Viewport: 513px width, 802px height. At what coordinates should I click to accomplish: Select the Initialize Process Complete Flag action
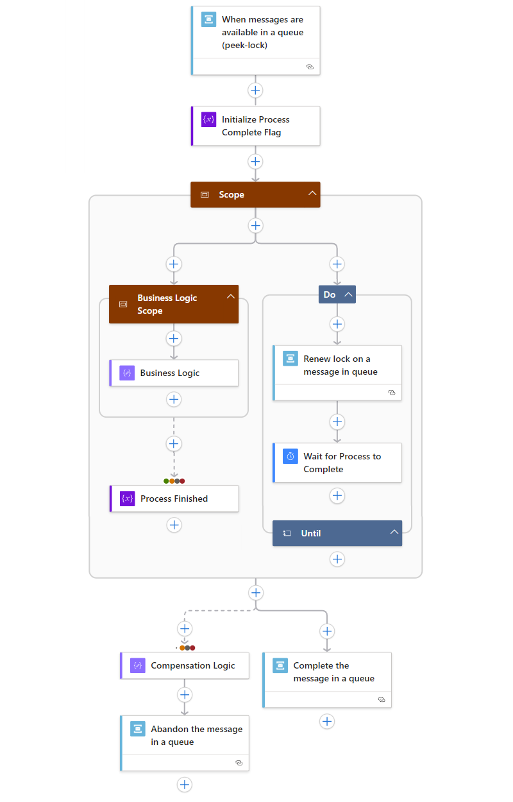point(255,126)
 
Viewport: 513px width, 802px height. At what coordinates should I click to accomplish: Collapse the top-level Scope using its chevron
point(312,194)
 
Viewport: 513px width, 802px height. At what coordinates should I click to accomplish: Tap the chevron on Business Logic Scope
point(231,296)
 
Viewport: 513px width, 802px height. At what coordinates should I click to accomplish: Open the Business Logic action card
point(174,373)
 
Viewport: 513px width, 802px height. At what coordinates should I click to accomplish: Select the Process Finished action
point(174,499)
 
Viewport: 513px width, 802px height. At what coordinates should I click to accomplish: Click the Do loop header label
point(330,294)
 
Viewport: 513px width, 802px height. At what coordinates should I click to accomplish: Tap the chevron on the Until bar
point(394,533)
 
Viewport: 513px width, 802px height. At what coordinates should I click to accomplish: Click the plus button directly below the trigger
point(255,90)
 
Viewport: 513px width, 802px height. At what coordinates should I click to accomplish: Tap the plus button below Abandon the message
point(185,784)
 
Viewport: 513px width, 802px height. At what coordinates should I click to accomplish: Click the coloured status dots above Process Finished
point(174,481)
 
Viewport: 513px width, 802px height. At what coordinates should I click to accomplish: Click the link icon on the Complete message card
point(381,699)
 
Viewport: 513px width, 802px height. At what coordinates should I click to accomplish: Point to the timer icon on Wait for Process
point(290,456)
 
